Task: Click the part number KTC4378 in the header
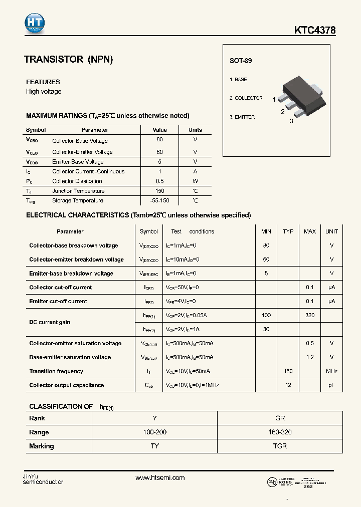(315, 31)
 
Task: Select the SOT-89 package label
(241, 61)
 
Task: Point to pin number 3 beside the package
(291, 121)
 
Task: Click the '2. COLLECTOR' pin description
(246, 98)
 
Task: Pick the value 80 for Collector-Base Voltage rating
(159, 140)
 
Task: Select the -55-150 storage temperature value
(159, 200)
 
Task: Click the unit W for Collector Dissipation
(195, 181)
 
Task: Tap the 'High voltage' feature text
(44, 92)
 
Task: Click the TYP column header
(288, 231)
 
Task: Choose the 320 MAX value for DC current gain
(309, 315)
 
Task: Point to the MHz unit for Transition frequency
(331, 371)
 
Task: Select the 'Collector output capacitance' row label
(67, 385)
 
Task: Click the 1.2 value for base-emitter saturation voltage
(309, 357)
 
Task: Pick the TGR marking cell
(280, 446)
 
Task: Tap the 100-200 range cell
(154, 432)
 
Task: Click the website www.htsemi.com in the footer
(160, 478)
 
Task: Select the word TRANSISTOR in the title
(54, 60)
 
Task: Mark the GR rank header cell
(280, 418)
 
